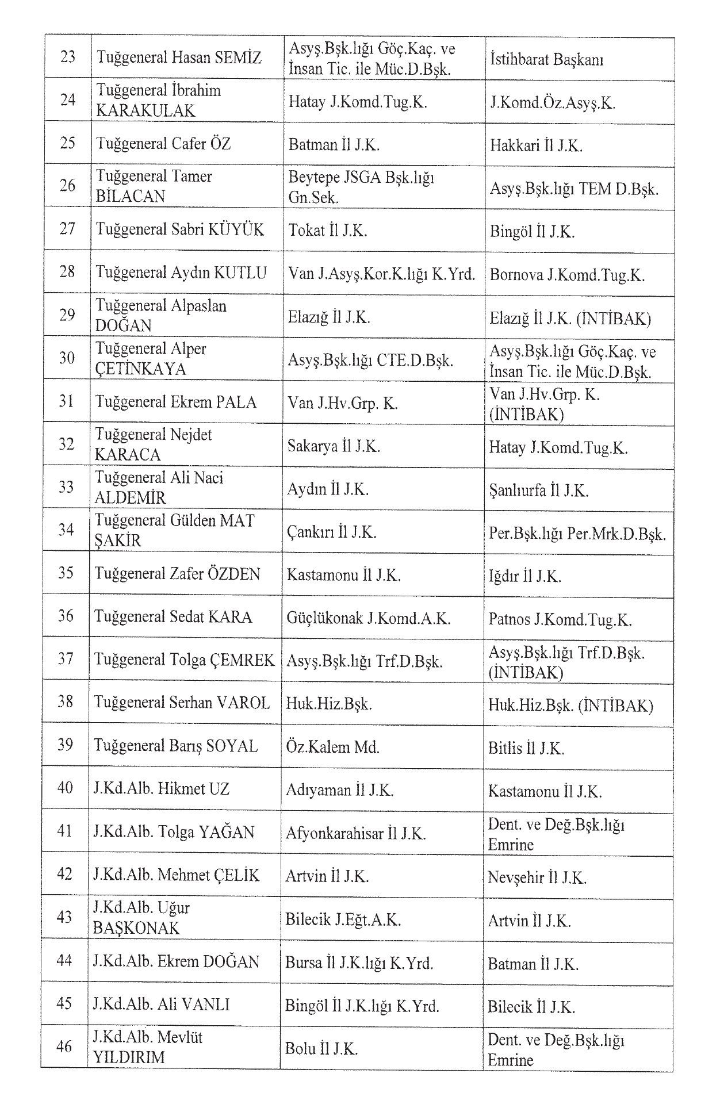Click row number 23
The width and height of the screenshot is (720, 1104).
click(68, 57)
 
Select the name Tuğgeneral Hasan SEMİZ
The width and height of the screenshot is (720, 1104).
click(179, 57)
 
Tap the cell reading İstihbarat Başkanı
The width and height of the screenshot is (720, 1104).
click(546, 60)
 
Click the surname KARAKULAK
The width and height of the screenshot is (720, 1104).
click(145, 110)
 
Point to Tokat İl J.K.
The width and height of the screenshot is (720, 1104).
click(328, 231)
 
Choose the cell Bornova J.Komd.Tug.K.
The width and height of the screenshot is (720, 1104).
click(567, 274)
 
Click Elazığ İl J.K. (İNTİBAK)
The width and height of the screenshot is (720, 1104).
click(570, 318)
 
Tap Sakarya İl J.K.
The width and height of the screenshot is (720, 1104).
click(334, 446)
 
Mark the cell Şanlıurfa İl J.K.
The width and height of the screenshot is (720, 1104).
click(539, 490)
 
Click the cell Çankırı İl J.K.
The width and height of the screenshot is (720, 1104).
click(331, 532)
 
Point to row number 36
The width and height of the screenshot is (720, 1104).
click(66, 616)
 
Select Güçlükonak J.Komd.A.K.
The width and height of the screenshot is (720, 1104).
click(369, 618)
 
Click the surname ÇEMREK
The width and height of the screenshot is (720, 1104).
click(244, 660)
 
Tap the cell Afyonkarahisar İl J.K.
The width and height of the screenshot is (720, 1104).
click(355, 833)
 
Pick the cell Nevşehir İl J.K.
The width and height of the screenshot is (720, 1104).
click(537, 877)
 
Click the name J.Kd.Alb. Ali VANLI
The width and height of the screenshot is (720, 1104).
click(162, 1005)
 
